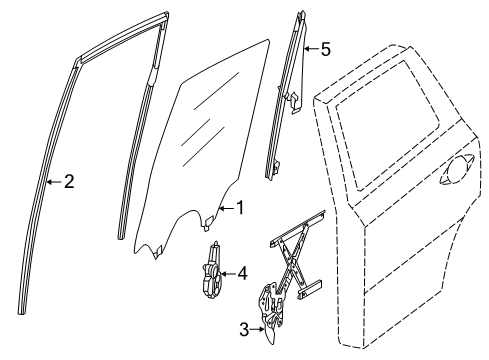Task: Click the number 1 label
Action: pyautogui.click(x=239, y=208)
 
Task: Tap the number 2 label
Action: pyautogui.click(x=68, y=182)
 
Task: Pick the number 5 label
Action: pyautogui.click(x=325, y=50)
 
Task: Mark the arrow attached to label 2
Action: pyautogui.click(x=52, y=182)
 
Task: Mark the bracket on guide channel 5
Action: pyautogui.click(x=297, y=96)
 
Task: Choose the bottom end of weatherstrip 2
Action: pyautogui.click(x=23, y=308)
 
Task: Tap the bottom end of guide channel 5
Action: pyautogui.click(x=270, y=174)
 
